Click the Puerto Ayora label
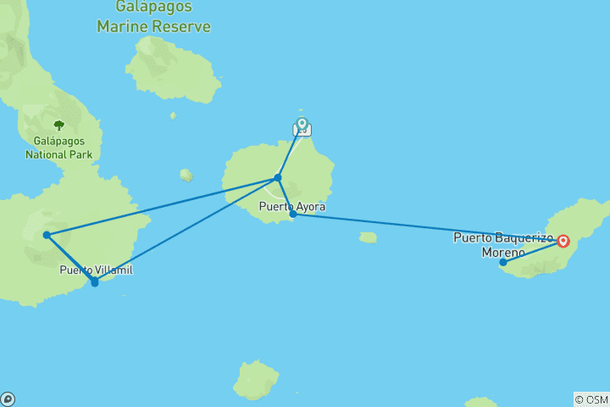pos(291,206)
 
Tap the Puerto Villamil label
pos(96,270)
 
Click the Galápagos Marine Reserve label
pos(153,18)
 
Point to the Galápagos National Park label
pos(58,148)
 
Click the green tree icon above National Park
pos(58,125)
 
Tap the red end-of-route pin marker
pos(563,242)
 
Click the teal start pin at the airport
pos(302,125)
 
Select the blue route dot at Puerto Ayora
pos(293,215)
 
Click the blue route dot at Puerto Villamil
pos(94,282)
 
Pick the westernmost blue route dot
pos(47,235)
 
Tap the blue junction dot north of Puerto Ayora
pos(278,177)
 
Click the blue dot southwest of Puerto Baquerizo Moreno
pos(502,262)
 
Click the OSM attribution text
pos(591,399)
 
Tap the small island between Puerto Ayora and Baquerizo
pos(367,237)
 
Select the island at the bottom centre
pos(255,380)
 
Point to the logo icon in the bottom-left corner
pos(8,399)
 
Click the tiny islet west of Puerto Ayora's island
pos(186,175)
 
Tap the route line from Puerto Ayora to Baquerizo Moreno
pos(424,227)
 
